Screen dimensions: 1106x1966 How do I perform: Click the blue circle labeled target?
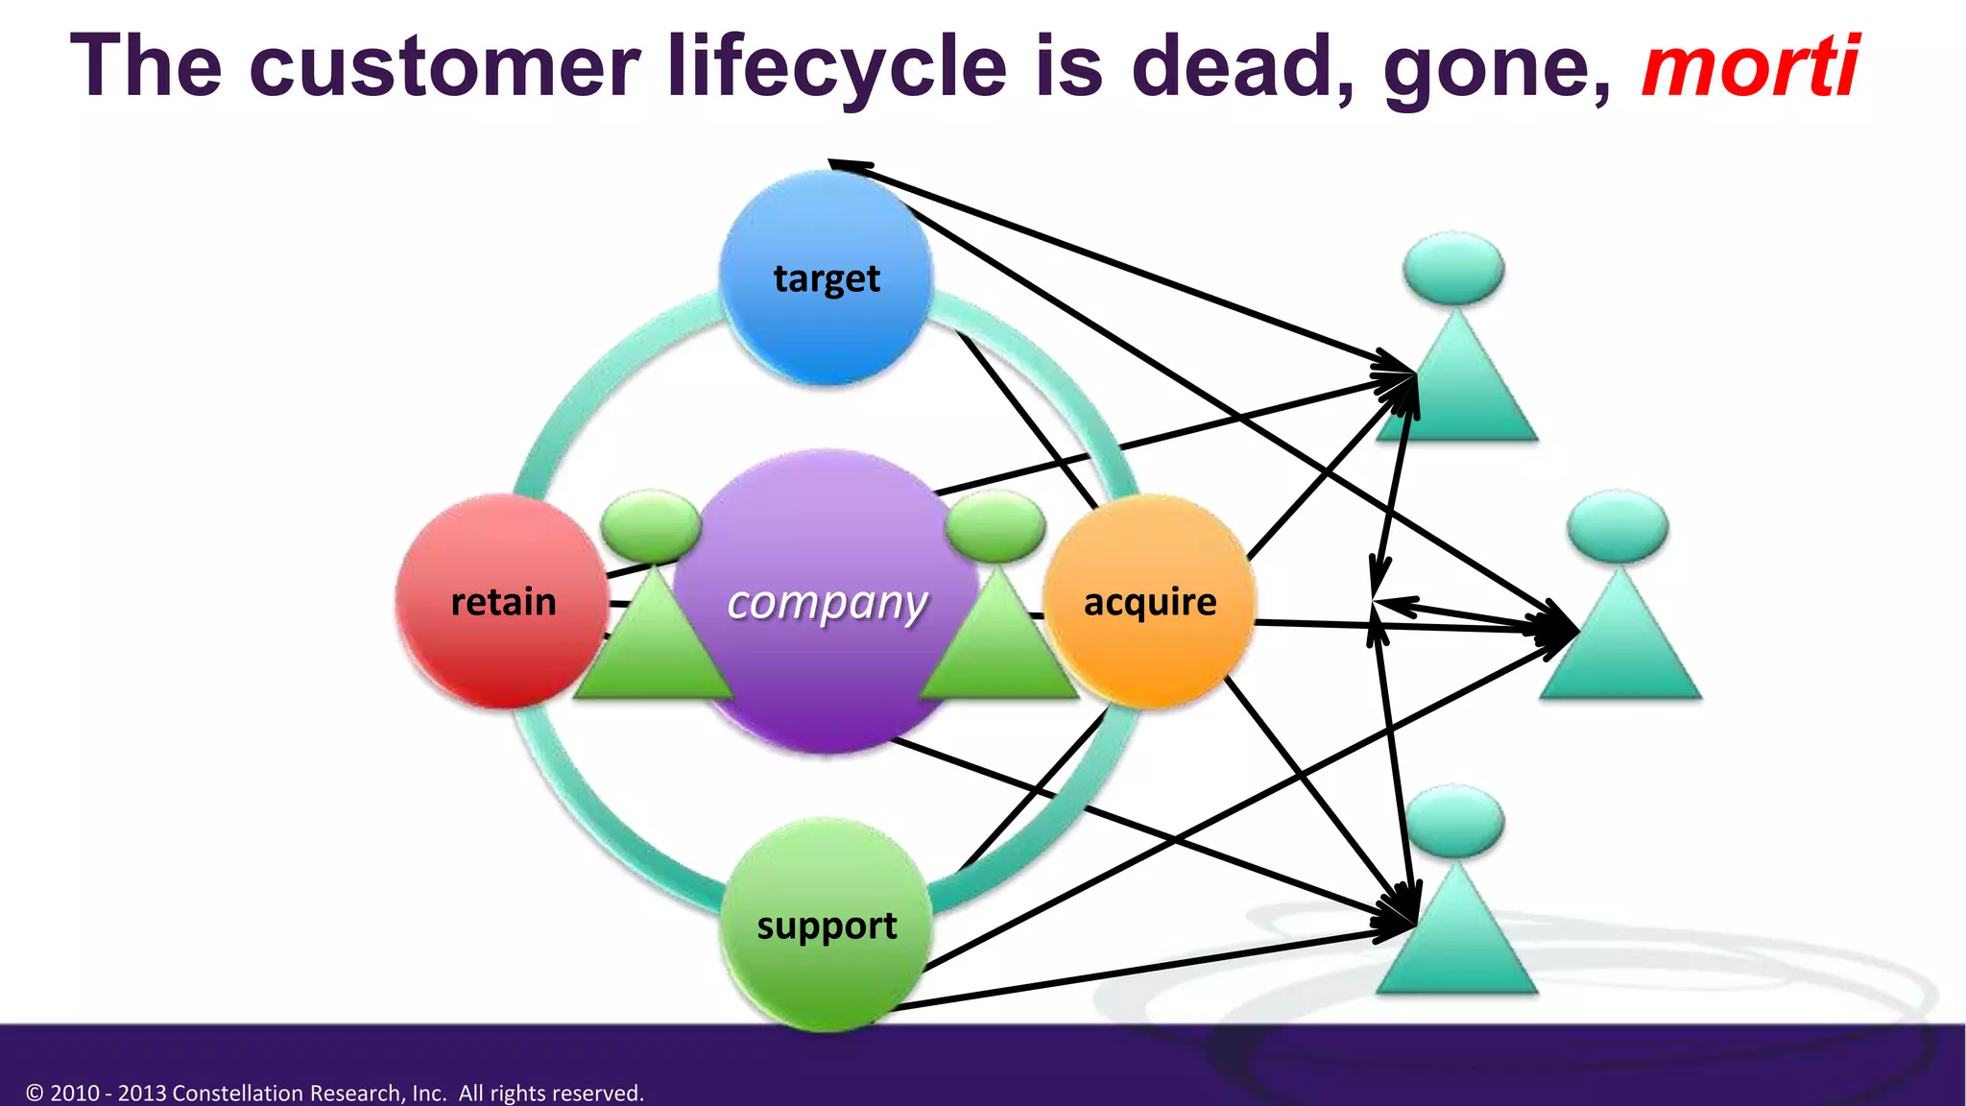coord(826,278)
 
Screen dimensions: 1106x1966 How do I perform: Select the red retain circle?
coord(502,602)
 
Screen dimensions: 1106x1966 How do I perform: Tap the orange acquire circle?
coord(1149,602)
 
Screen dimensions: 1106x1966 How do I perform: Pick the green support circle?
coord(826,926)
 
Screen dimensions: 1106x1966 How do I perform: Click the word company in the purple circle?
coord(827,603)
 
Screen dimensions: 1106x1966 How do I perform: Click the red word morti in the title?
coord(1749,67)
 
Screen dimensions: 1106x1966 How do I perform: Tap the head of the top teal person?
coord(1453,269)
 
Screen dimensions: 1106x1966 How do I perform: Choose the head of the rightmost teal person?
coord(1618,526)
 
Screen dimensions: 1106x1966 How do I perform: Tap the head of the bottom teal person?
coord(1453,821)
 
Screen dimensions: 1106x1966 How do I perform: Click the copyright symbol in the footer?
coord(35,1093)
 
